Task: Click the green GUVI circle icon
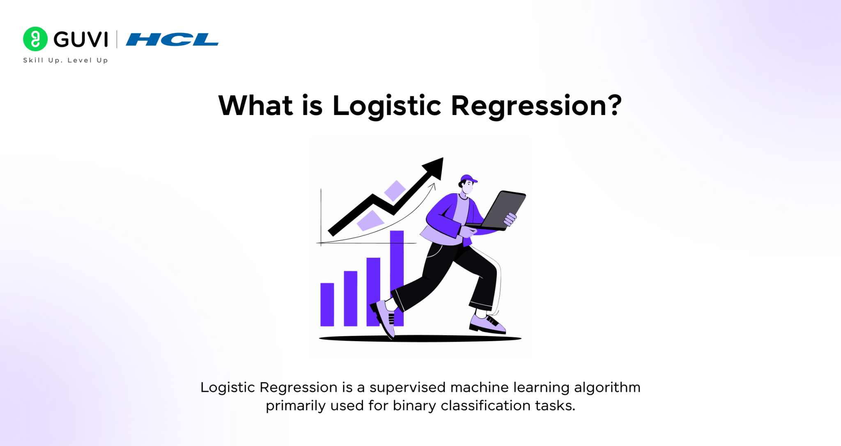point(35,39)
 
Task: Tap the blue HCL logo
point(172,39)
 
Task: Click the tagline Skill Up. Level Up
point(65,60)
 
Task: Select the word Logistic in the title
point(386,106)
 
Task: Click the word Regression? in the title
point(536,106)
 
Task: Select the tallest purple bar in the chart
point(397,263)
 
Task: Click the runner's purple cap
point(468,179)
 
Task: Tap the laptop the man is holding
point(503,210)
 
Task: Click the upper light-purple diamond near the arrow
point(395,191)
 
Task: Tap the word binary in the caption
point(414,406)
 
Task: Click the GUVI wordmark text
point(81,39)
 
